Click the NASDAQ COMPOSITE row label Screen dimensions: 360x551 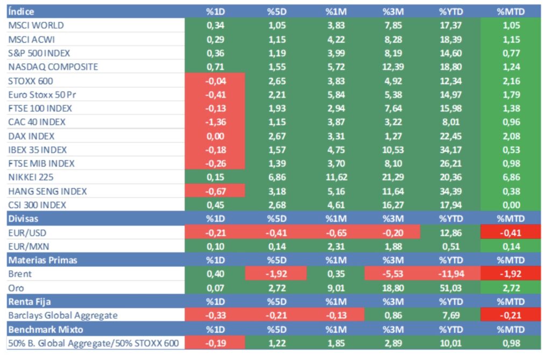coord(53,67)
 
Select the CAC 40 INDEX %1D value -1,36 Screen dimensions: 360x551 coord(215,122)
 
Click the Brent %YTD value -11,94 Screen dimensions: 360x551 coord(450,274)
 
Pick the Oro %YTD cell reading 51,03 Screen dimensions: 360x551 coord(450,288)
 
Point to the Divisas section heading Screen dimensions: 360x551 coord(23,218)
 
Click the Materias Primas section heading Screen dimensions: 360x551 coord(43,260)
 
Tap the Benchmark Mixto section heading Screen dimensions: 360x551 coord(46,329)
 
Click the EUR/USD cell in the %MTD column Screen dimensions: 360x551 coord(510,232)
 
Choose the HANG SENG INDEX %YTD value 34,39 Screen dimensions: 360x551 coord(450,191)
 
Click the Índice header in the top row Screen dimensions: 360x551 coord(21,11)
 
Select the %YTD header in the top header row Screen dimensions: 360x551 coord(450,11)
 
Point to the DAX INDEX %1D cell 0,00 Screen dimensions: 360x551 coord(215,136)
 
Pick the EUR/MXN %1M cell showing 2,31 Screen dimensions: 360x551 coord(334,246)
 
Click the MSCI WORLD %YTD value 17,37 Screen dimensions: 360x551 coord(450,25)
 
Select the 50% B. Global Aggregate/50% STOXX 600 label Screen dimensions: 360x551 coord(93,343)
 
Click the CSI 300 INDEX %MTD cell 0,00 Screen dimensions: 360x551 coord(510,205)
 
